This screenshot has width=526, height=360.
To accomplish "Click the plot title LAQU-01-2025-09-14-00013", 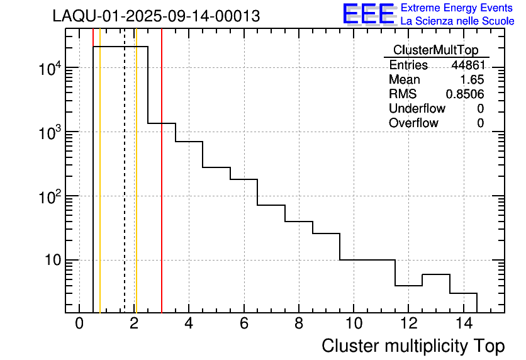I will click(156, 16).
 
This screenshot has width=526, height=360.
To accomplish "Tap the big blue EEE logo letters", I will click(369, 14).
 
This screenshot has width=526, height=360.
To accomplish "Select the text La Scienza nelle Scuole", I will click(457, 21).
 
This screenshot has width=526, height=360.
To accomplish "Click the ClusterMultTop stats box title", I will click(435, 50).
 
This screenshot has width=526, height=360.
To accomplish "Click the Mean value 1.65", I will click(473, 80).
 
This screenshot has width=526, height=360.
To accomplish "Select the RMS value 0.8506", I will click(465, 94).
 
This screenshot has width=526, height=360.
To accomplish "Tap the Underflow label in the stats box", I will click(417, 109).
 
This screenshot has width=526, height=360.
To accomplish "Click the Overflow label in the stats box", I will click(413, 123).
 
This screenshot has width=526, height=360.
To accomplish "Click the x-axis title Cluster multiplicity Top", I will click(413, 346).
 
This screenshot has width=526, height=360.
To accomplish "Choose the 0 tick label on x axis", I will click(79, 323).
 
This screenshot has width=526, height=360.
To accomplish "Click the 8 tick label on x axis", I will click(298, 323).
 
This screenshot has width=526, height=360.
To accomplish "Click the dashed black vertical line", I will click(125, 189).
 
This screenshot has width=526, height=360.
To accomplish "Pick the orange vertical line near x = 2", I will click(136, 189).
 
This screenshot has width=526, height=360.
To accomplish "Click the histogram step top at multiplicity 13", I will click(435, 274).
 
